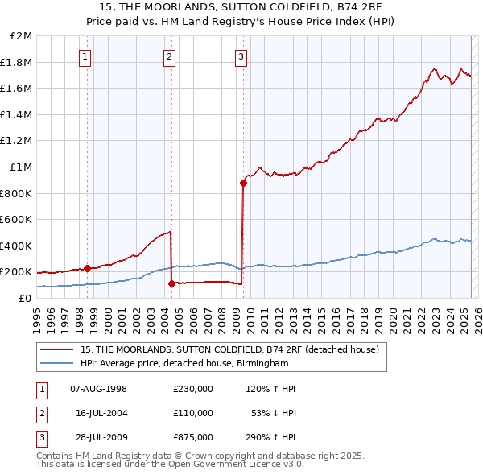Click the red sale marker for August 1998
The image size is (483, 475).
87,268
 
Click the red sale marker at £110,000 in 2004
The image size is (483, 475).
171,283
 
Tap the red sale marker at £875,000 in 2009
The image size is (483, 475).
243,184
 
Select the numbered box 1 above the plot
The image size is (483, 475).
85,56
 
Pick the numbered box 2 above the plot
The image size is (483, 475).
169,56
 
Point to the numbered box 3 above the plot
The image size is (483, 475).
241,56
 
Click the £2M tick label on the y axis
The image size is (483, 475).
22,36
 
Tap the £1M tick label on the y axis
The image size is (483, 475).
22,167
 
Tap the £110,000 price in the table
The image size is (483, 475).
193,413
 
